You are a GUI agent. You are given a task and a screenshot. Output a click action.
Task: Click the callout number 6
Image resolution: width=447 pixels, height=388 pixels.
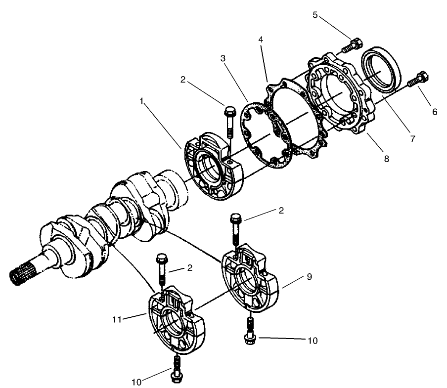click(x=435, y=112)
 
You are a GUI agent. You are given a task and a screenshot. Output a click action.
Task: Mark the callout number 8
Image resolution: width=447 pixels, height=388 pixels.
click(x=386, y=159)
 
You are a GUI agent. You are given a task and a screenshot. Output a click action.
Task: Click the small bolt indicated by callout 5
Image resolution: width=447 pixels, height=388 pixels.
click(x=352, y=45)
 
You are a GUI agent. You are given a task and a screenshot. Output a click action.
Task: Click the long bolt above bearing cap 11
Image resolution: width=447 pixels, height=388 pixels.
click(x=162, y=270)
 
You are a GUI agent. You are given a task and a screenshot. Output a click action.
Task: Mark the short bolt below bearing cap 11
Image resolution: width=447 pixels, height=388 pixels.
click(x=175, y=369)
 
